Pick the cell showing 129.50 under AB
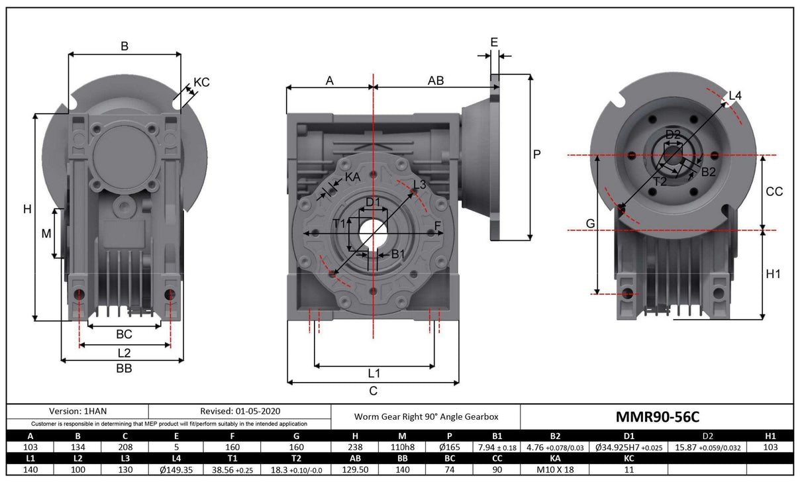coord(354,469)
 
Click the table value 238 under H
coord(354,447)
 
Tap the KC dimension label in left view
coord(201,83)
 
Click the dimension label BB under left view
coord(123,369)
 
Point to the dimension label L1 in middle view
coord(374,373)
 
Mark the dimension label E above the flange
coord(494,42)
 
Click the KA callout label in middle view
coord(353,177)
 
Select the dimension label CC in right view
coord(774,191)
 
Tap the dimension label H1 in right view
coord(774,274)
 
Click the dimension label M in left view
coord(46,234)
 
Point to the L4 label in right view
coord(735,96)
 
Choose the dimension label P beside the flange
coord(537,154)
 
